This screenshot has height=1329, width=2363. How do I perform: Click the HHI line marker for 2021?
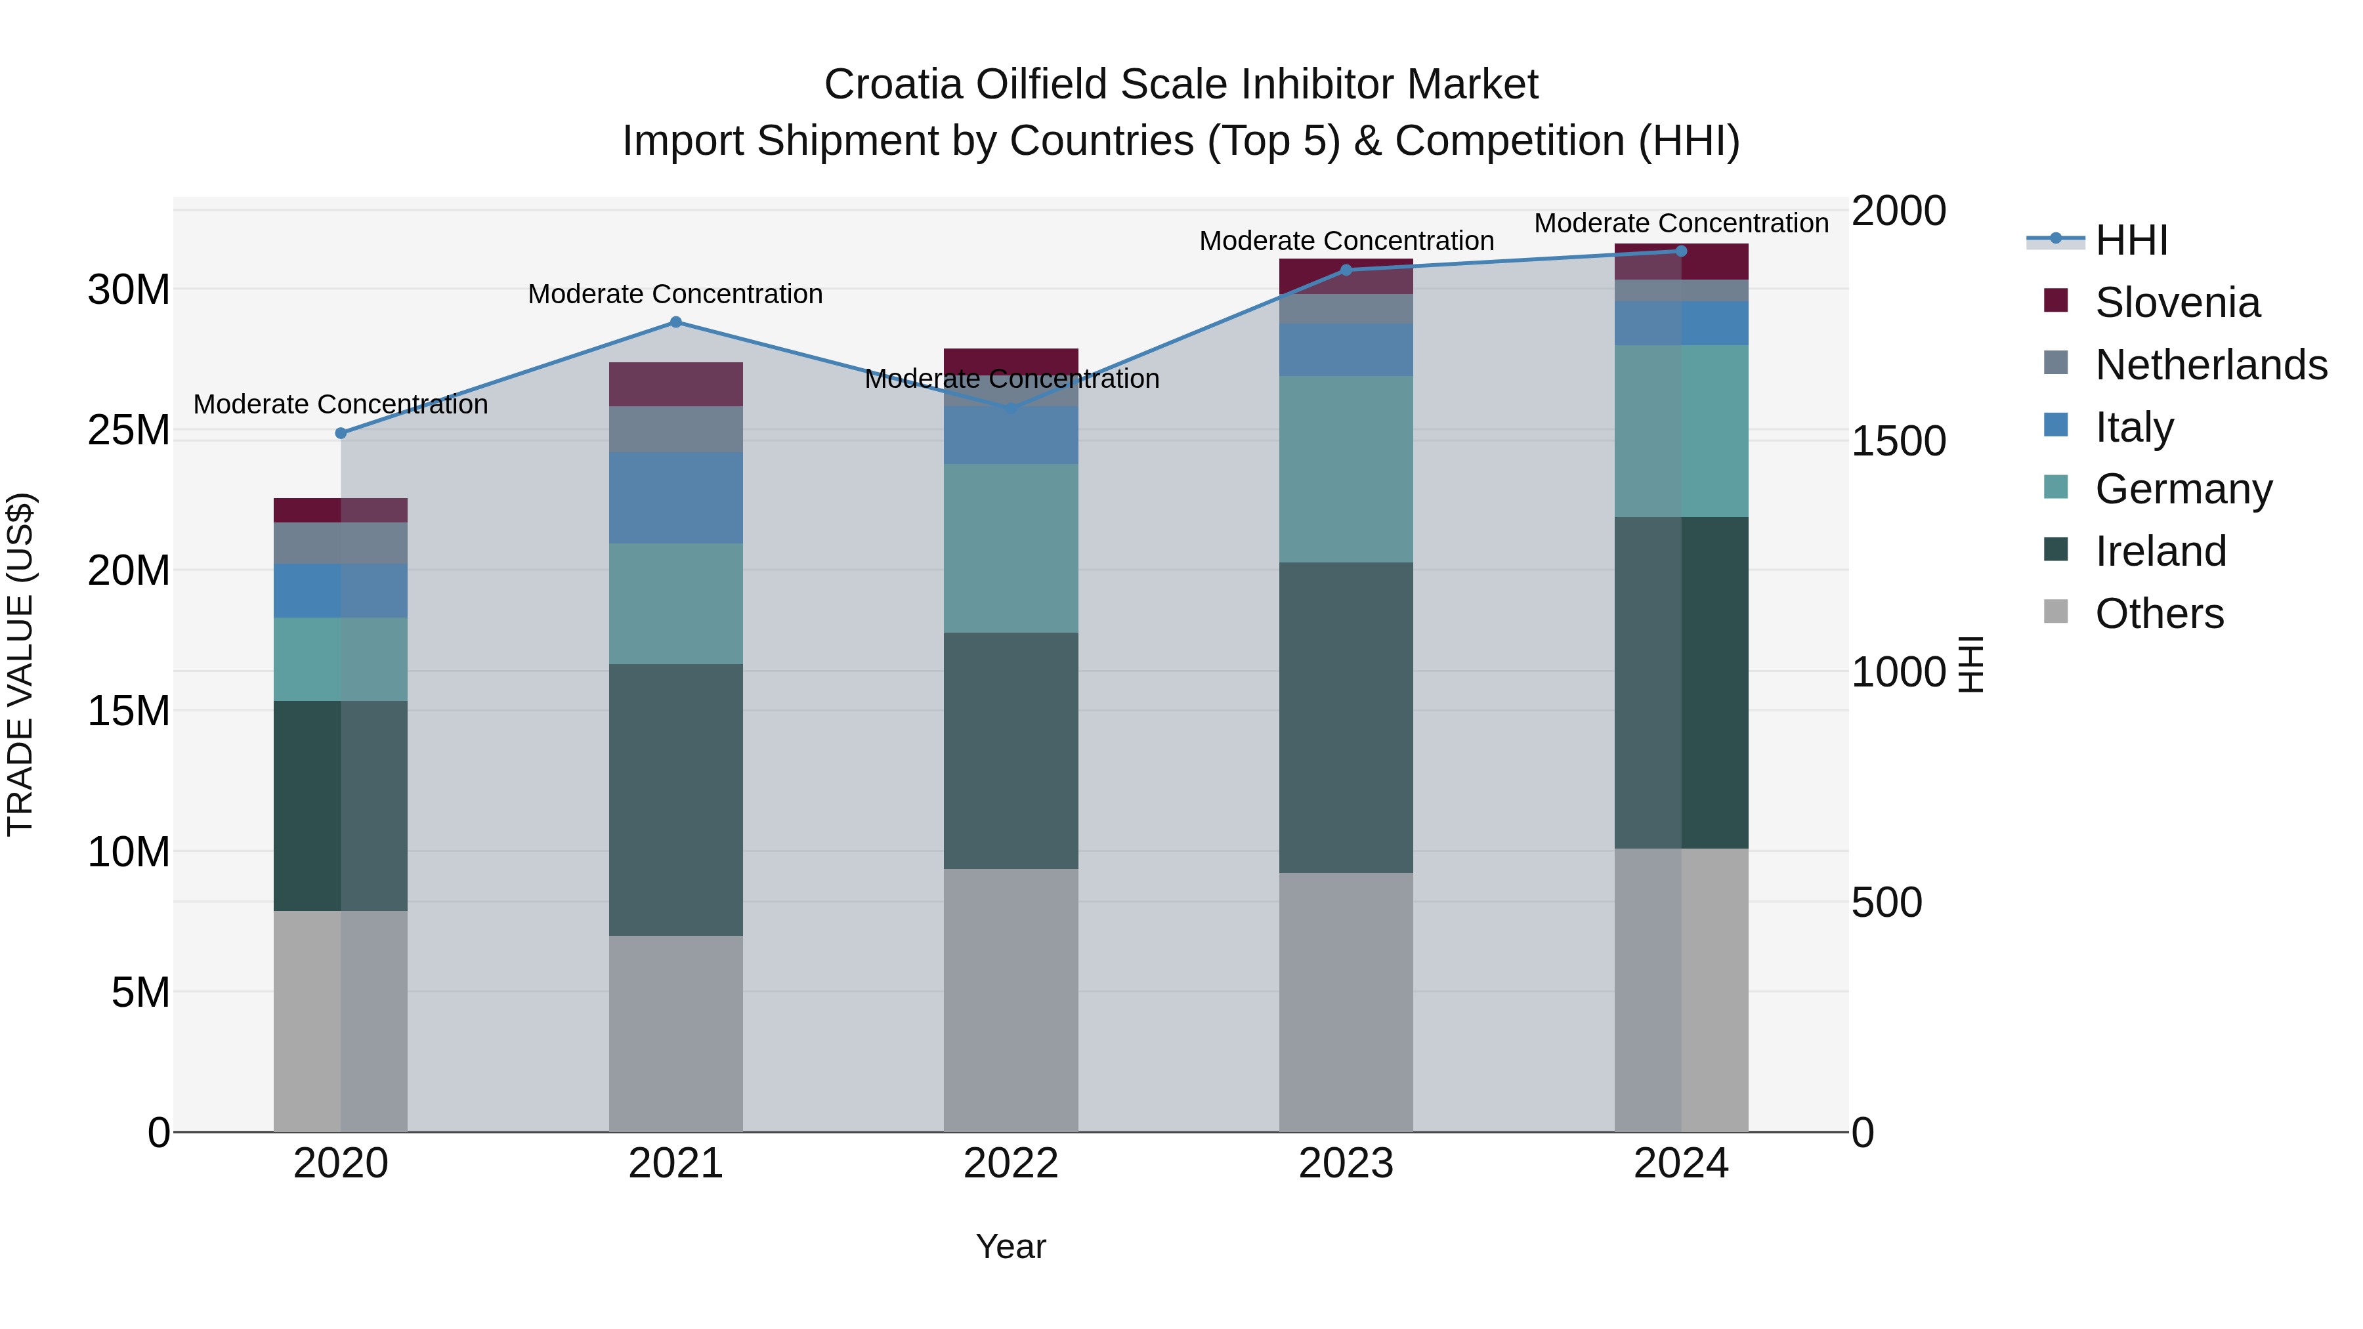click(675, 322)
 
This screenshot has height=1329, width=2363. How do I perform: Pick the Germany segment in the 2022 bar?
click(1011, 549)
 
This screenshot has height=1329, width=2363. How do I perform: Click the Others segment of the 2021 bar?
click(675, 1034)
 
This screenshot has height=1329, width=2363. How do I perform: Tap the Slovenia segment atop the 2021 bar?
click(675, 385)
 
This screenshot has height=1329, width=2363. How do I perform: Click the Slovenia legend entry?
click(2177, 303)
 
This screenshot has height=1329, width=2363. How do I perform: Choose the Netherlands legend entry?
click(2210, 365)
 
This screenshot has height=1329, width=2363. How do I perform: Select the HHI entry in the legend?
click(2131, 240)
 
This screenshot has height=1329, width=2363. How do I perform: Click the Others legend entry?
click(2158, 614)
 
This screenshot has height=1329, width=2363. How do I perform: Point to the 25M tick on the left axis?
click(129, 430)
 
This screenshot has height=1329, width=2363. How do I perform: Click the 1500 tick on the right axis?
click(1898, 441)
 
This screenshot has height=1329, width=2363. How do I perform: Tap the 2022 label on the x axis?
click(1011, 1164)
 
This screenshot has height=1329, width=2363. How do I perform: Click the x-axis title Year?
click(1011, 1246)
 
